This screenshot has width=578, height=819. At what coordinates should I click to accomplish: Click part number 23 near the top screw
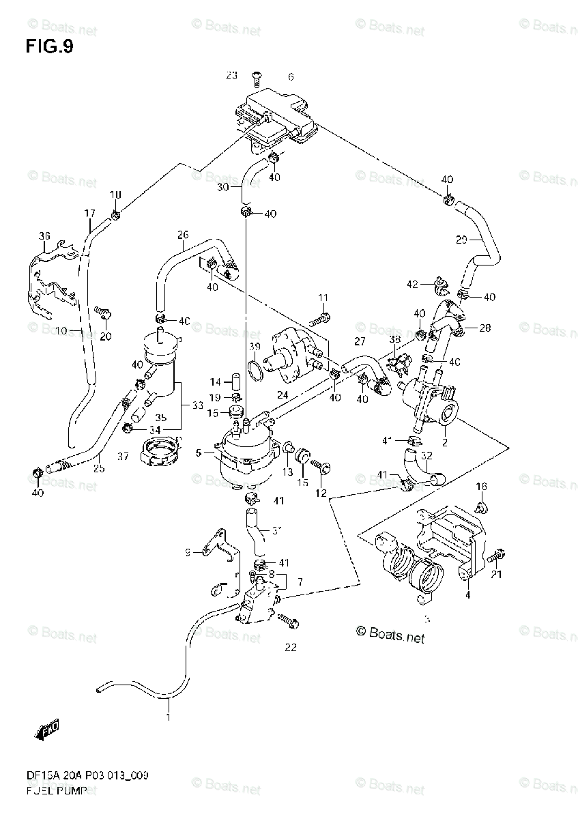(x=232, y=75)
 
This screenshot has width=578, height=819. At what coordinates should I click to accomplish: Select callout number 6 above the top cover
(x=290, y=76)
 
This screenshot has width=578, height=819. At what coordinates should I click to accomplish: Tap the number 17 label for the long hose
(x=89, y=214)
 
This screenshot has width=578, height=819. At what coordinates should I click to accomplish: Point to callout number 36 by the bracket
(x=44, y=236)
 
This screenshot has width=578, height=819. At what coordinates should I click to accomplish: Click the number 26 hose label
(x=183, y=235)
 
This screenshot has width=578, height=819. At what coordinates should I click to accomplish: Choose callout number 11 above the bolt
(x=323, y=297)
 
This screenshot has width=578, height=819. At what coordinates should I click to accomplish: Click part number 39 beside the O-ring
(x=255, y=347)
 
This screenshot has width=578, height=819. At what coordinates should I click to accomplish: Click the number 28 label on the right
(x=485, y=328)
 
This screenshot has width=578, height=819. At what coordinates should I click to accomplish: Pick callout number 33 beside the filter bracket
(x=197, y=405)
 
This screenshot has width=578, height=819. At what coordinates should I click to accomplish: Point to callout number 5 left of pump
(x=198, y=451)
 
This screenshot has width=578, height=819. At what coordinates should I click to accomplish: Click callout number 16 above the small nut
(x=482, y=486)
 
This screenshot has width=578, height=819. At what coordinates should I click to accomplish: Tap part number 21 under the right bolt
(x=496, y=574)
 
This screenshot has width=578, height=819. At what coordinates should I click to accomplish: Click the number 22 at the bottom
(x=291, y=648)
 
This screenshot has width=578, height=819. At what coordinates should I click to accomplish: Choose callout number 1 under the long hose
(x=167, y=717)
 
